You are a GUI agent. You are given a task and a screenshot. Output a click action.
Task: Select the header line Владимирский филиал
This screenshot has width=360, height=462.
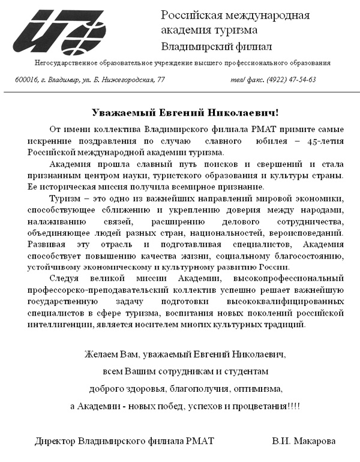point(217,46)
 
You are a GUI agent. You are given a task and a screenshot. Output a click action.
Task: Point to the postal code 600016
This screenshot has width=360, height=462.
point(26,79)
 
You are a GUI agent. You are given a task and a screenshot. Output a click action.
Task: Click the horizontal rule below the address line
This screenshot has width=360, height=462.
point(180,92)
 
